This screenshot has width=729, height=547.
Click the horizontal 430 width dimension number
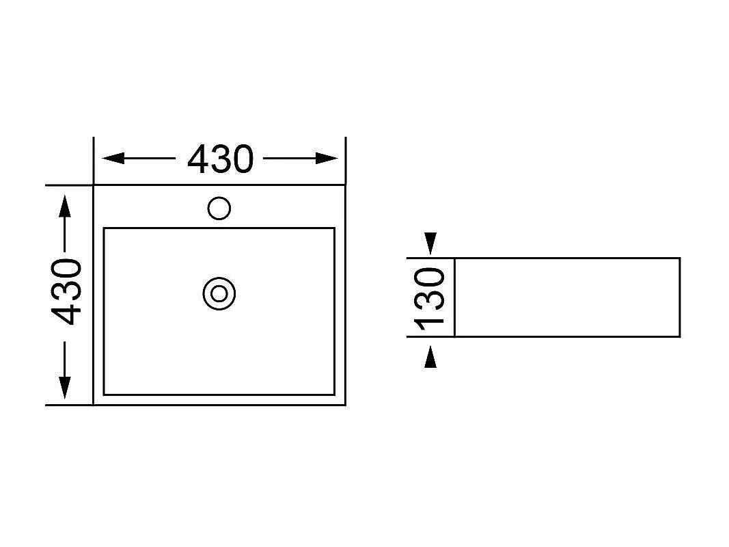point(221,159)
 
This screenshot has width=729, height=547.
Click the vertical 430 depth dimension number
point(67,292)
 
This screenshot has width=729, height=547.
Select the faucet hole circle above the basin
point(219,208)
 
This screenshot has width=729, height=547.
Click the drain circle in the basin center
point(219,293)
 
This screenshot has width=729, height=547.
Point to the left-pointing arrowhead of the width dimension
point(113,158)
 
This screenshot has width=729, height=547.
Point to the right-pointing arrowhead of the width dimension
point(327,158)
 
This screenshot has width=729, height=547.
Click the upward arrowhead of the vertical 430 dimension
point(65,206)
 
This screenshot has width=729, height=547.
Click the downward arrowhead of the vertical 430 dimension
point(65,388)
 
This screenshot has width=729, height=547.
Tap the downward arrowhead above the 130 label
point(430,243)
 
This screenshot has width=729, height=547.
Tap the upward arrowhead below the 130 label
point(430,356)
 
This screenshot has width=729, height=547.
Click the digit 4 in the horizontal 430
point(197,159)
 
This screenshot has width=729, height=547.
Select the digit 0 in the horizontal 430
point(243,159)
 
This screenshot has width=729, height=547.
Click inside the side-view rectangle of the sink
point(567,297)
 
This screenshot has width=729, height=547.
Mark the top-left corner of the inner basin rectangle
point(104,228)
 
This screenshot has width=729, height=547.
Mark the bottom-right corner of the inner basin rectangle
point(334,395)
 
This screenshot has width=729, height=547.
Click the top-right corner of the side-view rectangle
point(680,258)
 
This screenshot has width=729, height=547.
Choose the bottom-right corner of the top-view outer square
point(346,405)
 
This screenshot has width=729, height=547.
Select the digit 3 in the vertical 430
point(67,292)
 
